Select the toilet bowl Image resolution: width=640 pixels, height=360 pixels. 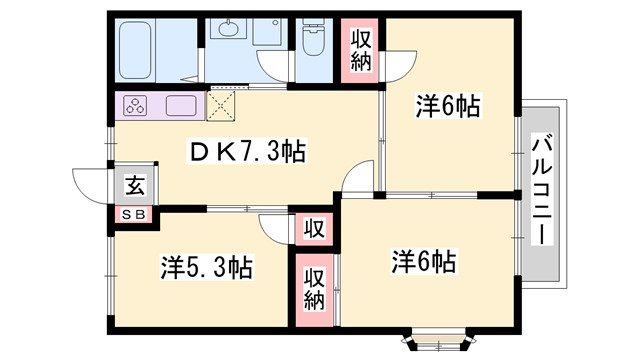point(312,41)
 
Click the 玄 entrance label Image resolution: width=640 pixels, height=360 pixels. point(133,185)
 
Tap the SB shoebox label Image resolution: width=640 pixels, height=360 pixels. point(133,214)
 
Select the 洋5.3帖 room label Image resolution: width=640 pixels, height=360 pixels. point(206,267)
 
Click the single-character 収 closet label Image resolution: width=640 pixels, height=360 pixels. point(312,229)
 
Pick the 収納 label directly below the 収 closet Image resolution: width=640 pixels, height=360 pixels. point(313,288)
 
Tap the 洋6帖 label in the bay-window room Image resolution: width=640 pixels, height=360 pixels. point(424,262)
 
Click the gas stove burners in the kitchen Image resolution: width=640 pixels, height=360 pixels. point(136,105)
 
